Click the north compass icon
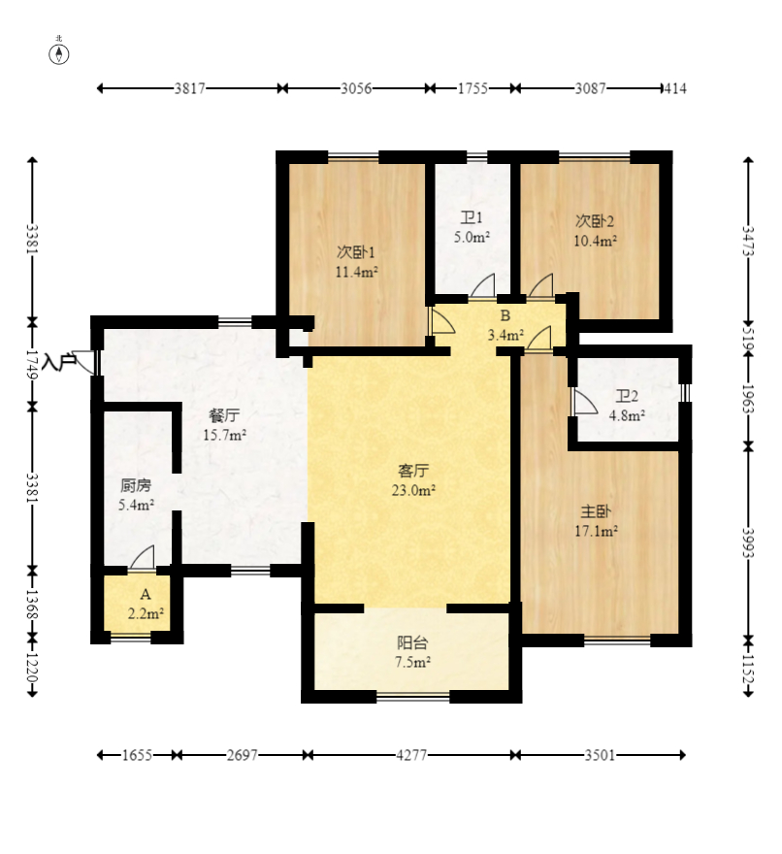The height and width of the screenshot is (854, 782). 59,54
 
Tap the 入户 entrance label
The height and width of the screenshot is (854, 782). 59,361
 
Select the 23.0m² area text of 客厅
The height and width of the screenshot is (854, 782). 413,490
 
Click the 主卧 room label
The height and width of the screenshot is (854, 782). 596,510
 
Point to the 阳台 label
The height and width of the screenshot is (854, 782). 412,642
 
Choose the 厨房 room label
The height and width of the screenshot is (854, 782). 136,485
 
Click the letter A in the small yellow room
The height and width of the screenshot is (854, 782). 145,594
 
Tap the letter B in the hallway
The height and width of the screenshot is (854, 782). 505,315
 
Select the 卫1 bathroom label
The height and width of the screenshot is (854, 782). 472,217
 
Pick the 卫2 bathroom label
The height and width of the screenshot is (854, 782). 627,396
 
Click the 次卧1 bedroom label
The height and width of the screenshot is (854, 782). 356,252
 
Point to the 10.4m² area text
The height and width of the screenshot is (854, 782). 595,241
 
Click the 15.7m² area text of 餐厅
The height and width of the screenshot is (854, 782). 225,435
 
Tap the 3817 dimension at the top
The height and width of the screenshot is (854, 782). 189,88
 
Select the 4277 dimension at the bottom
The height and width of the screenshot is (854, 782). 411,755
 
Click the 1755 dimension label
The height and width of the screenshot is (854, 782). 472,88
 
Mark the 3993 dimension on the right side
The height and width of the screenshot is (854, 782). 748,542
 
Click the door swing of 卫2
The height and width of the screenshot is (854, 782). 585,402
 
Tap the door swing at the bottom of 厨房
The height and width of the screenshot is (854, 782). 143,557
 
